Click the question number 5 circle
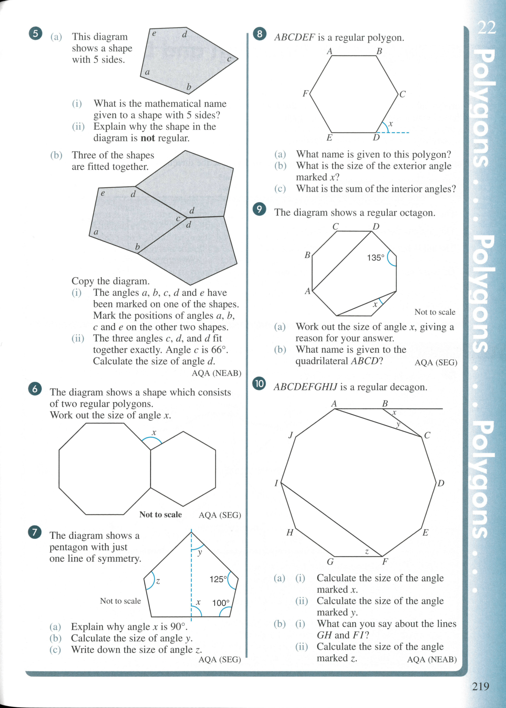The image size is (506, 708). click(x=36, y=33)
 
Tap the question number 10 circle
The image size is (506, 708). click(x=259, y=384)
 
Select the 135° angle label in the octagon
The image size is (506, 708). click(x=375, y=258)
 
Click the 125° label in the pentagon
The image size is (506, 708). click(x=218, y=579)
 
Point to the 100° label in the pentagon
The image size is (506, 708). click(x=221, y=603)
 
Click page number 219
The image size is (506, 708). click(x=480, y=686)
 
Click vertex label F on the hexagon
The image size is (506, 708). click(x=305, y=93)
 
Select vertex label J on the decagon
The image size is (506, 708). click(x=291, y=435)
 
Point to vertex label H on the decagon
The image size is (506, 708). click(x=290, y=532)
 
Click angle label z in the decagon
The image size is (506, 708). click(x=367, y=552)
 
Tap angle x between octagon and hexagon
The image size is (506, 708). click(x=154, y=433)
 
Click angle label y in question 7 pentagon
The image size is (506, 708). click(x=200, y=552)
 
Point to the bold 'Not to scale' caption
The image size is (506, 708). click(x=160, y=515)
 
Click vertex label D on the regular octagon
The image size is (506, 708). click(x=376, y=226)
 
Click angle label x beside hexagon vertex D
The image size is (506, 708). click(x=391, y=124)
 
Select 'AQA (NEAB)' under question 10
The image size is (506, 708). click(x=432, y=660)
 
